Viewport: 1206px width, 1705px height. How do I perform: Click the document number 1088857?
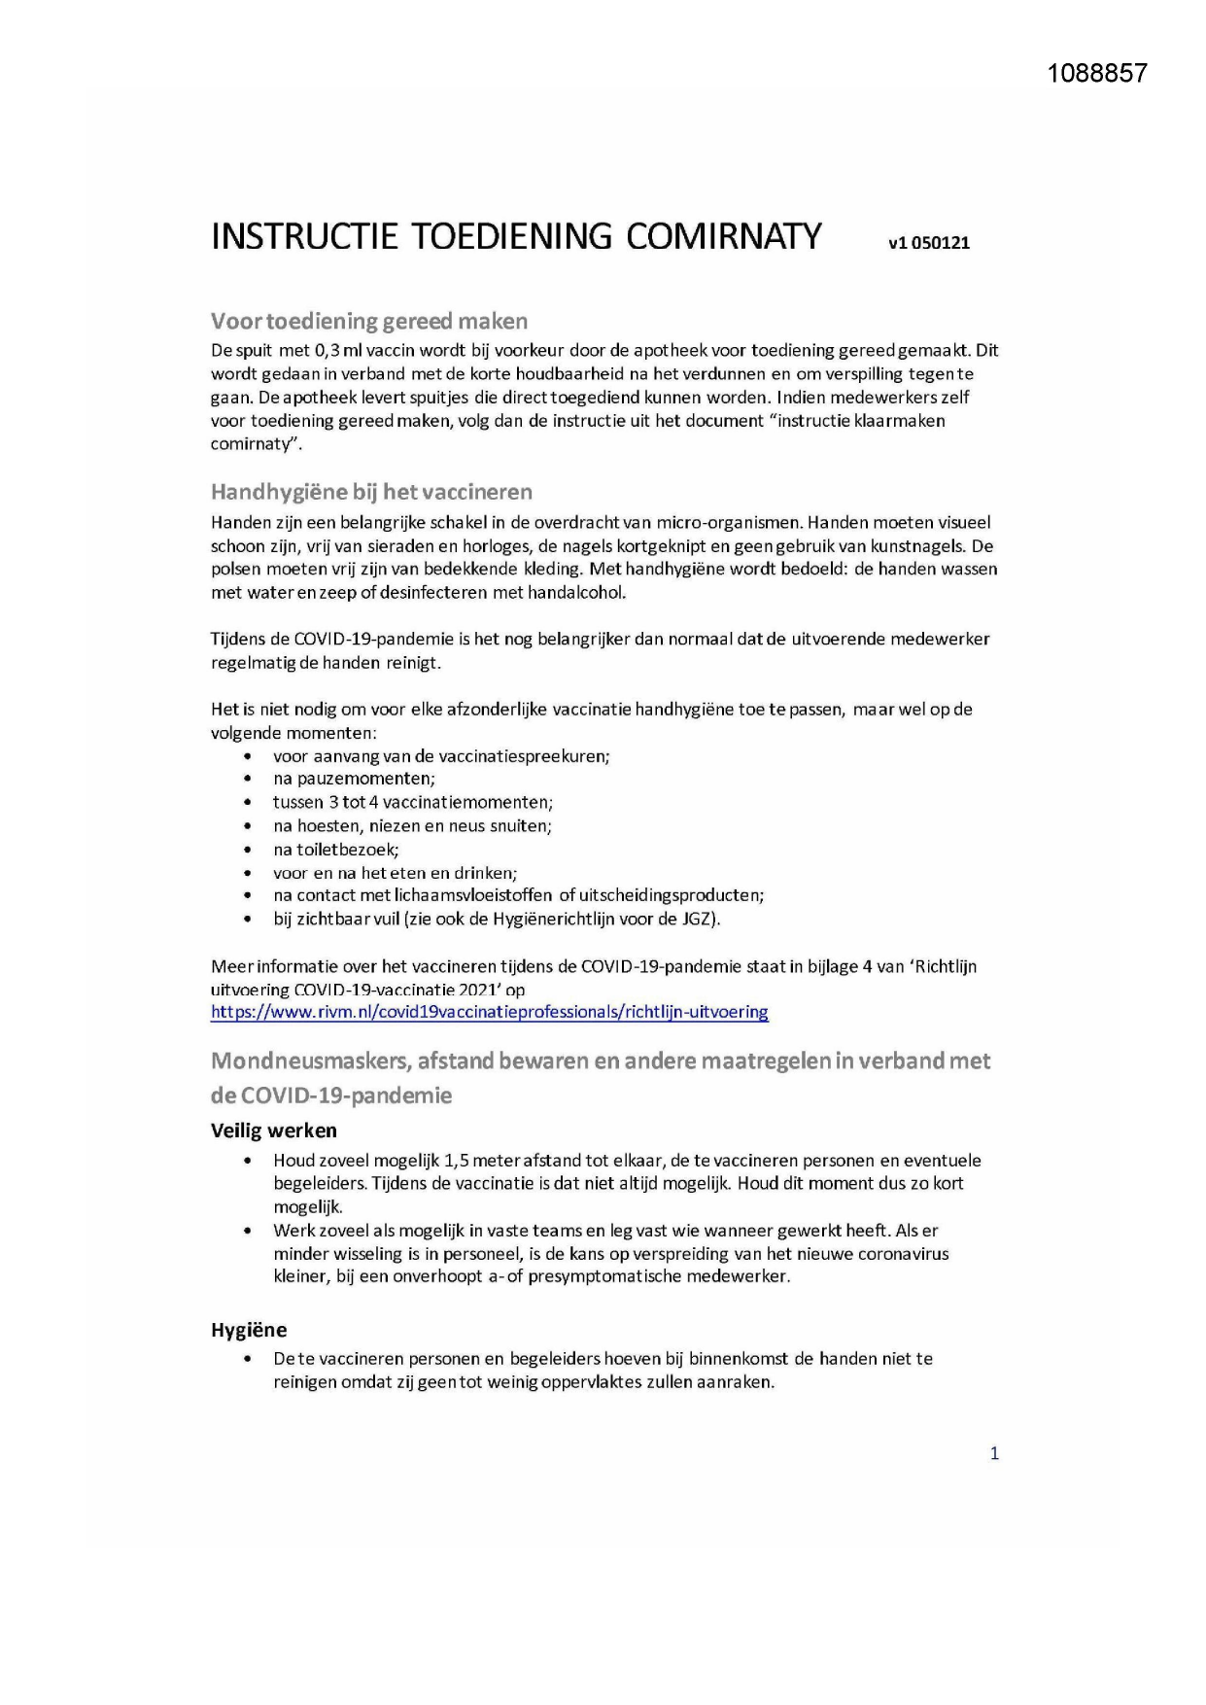[x=1097, y=73]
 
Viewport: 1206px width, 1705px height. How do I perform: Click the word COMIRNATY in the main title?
[x=723, y=236]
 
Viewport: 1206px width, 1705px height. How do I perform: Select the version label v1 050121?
[x=928, y=243]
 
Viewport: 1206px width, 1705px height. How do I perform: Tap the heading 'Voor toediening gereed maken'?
[x=369, y=321]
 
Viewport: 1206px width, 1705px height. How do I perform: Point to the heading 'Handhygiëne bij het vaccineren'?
[x=371, y=492]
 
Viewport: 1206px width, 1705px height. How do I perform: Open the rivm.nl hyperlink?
[x=489, y=1012]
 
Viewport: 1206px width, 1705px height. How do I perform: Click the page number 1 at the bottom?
[x=993, y=1453]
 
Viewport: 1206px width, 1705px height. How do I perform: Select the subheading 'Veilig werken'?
[x=274, y=1131]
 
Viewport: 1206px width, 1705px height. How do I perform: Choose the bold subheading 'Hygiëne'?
[x=249, y=1330]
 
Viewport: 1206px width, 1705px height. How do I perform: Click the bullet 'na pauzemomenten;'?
[x=354, y=779]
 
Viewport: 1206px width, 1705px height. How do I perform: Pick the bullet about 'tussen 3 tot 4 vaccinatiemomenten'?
[x=412, y=802]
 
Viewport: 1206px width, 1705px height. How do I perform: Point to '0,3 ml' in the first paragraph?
[x=338, y=351]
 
